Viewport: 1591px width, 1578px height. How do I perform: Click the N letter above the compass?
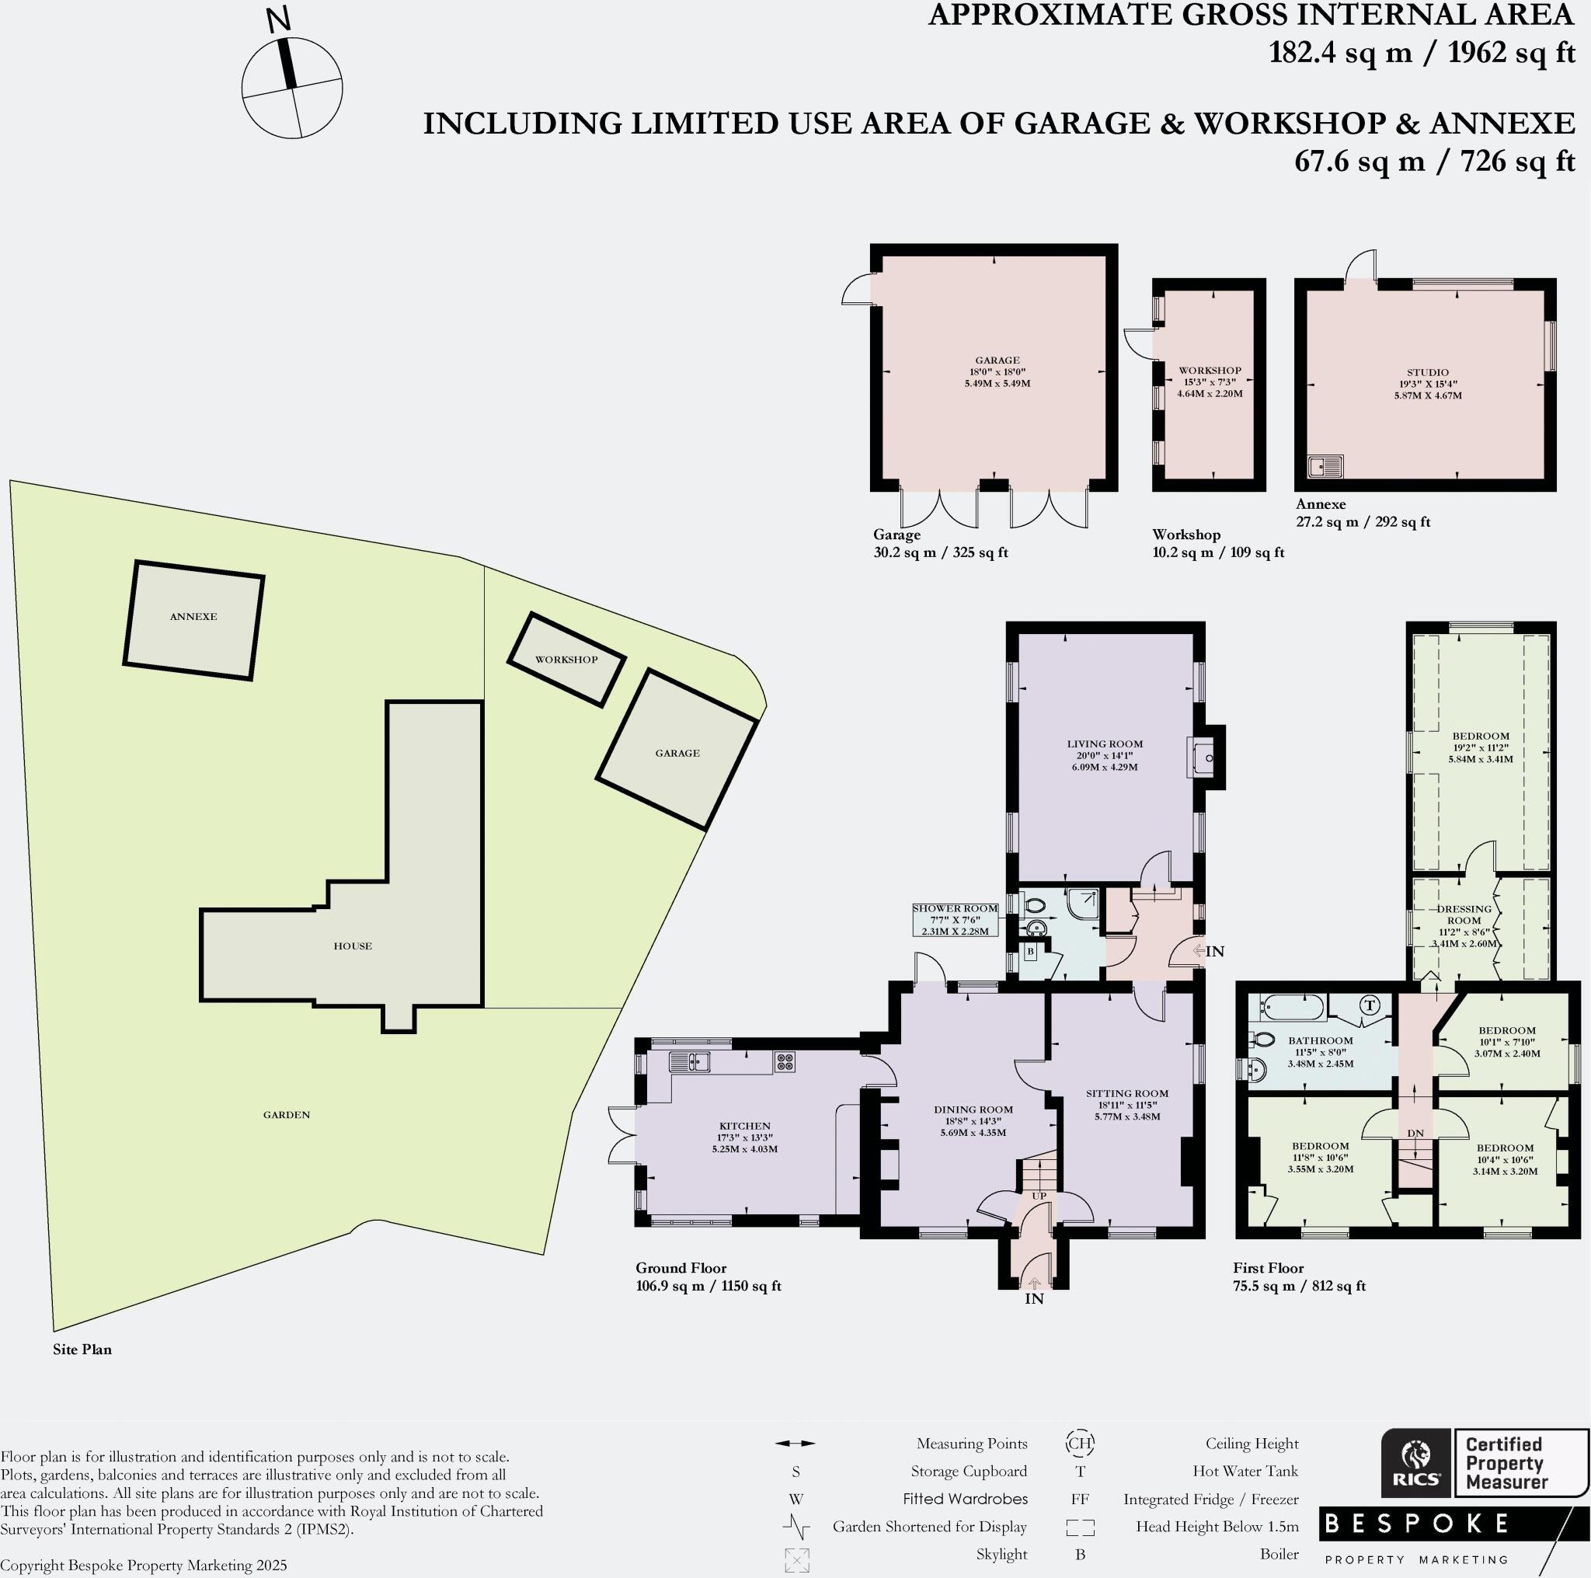click(280, 21)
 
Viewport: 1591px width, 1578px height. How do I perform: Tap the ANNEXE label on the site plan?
click(193, 617)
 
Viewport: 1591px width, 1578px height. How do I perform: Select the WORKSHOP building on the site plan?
click(566, 660)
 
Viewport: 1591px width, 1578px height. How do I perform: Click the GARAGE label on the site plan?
click(677, 753)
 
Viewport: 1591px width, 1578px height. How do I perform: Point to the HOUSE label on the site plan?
click(353, 946)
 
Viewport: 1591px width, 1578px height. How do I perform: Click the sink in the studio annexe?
click(1326, 467)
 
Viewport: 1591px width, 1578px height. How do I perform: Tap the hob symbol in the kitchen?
click(785, 1062)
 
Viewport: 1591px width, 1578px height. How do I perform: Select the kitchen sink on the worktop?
click(690, 1061)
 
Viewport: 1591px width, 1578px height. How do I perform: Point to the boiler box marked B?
click(1030, 951)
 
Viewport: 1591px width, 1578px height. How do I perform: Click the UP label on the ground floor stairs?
click(1039, 1196)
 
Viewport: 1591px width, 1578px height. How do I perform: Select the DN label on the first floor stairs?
click(1415, 1134)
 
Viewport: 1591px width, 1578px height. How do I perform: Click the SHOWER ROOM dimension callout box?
click(956, 920)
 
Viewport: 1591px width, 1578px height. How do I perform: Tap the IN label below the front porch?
click(1034, 1299)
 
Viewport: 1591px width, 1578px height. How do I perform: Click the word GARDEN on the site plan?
click(287, 1114)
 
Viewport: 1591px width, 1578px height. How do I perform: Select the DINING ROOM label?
click(973, 1109)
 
